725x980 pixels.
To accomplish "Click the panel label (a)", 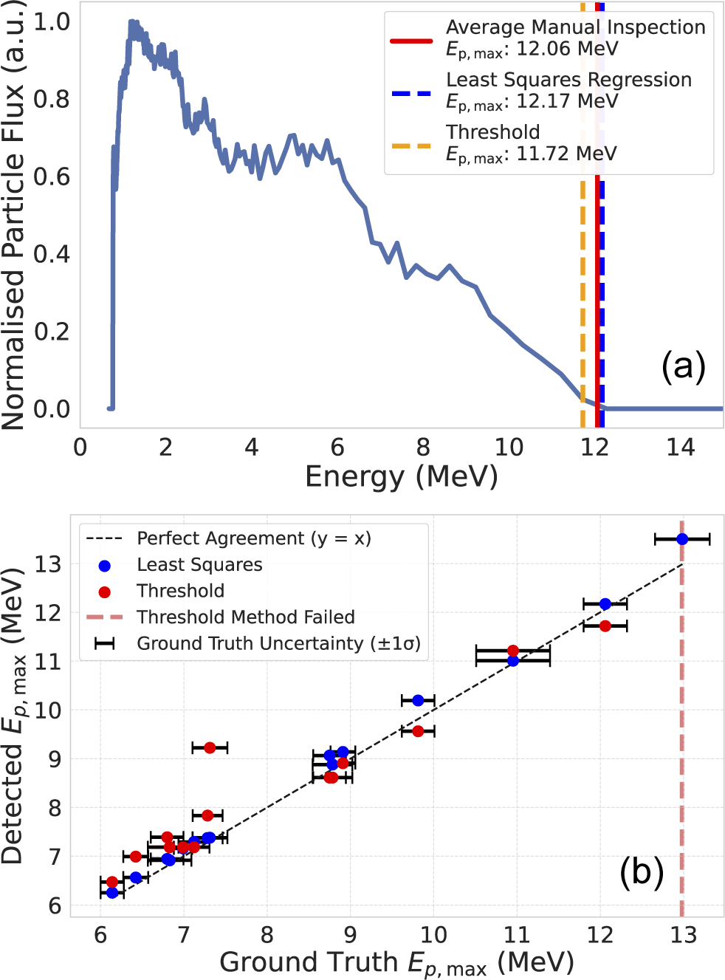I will point(683,366).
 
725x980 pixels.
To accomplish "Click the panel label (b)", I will point(642,871).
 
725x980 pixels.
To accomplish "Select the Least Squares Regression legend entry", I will point(568,80).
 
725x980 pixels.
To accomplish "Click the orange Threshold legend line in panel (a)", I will point(411,146).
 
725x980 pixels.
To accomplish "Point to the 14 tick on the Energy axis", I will point(680,447).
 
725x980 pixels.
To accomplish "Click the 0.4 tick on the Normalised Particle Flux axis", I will point(52,254).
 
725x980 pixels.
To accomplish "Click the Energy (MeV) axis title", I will point(401,476).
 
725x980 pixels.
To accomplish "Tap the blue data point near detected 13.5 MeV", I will point(682,539).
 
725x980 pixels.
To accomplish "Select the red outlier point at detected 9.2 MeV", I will point(210,748).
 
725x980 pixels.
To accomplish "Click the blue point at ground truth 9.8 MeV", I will point(418,700).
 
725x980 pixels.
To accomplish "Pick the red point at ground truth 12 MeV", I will point(605,626).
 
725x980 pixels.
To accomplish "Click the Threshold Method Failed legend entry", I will point(245,617).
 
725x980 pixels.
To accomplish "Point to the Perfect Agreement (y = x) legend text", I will point(253,538).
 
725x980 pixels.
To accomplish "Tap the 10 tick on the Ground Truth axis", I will point(433,935).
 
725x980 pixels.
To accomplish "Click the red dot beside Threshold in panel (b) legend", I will point(105,592).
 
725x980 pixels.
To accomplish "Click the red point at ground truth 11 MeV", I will point(513,651).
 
